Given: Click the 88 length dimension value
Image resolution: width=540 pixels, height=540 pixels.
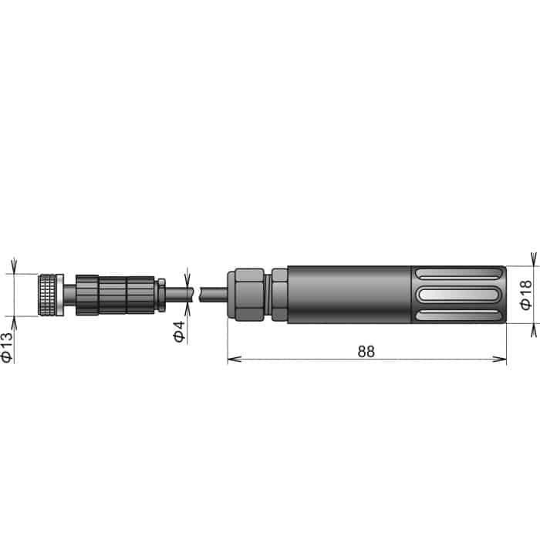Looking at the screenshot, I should pyautogui.click(x=366, y=351).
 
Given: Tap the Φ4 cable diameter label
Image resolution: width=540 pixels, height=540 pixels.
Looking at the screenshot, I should pyautogui.click(x=179, y=332).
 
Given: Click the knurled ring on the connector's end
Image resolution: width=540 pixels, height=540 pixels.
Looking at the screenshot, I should pyautogui.click(x=51, y=295).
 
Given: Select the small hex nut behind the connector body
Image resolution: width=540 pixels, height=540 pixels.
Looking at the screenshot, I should pyautogui.click(x=162, y=295).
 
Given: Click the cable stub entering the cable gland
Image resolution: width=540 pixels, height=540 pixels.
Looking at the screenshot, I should pyautogui.click(x=212, y=295).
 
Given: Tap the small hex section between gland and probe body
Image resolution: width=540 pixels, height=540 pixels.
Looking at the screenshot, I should pyautogui.click(x=278, y=295).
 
